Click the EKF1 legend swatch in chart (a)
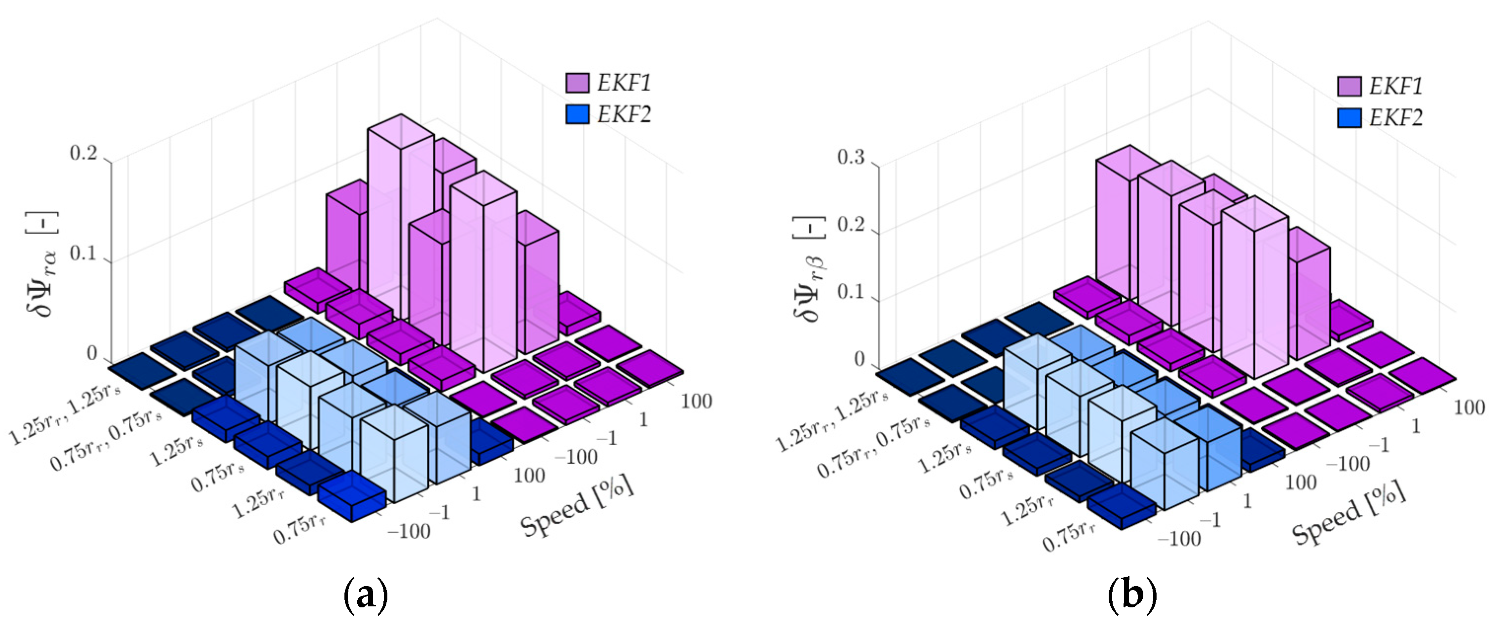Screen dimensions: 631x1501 coord(576,83)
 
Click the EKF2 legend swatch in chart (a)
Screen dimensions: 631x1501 coord(576,114)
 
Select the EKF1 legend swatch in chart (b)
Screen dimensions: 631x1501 coord(1349,86)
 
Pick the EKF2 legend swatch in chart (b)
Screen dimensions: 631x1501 coord(1349,118)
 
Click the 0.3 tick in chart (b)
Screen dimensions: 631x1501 coord(851,158)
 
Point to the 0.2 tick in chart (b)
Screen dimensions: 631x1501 coord(851,225)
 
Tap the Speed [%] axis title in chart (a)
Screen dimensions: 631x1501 coord(576,506)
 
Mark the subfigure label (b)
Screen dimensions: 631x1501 coord(1132,595)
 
